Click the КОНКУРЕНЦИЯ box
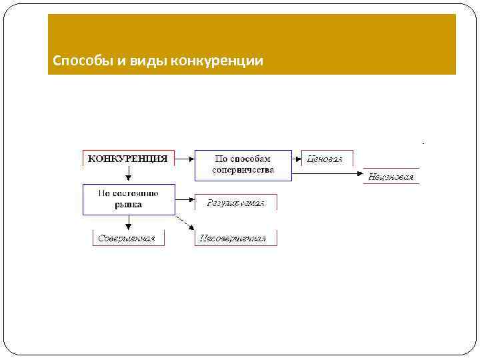pos(129,158)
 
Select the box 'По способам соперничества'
pos(243,165)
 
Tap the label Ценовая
pos(325,159)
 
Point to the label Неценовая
pos(391,177)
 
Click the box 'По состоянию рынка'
pos(129,199)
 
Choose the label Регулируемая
pos(235,203)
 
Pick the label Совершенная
pos(127,238)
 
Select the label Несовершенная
pos(235,238)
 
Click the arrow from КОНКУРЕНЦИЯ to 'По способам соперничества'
pos(185,159)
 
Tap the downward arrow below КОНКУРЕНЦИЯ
pos(129,173)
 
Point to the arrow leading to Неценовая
pos(327,173)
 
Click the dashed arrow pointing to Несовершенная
pos(185,223)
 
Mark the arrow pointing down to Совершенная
pos(129,223)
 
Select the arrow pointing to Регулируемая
pos(185,199)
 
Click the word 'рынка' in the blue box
pos(129,205)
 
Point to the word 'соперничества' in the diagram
pos(243,170)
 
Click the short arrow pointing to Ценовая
pos(297,159)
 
